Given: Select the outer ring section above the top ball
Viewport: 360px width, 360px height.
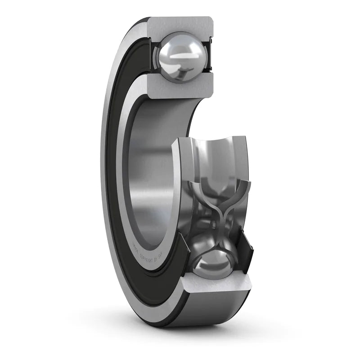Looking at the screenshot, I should click(x=180, y=25).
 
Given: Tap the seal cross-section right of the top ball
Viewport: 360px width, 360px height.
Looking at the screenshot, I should click(x=208, y=56).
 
